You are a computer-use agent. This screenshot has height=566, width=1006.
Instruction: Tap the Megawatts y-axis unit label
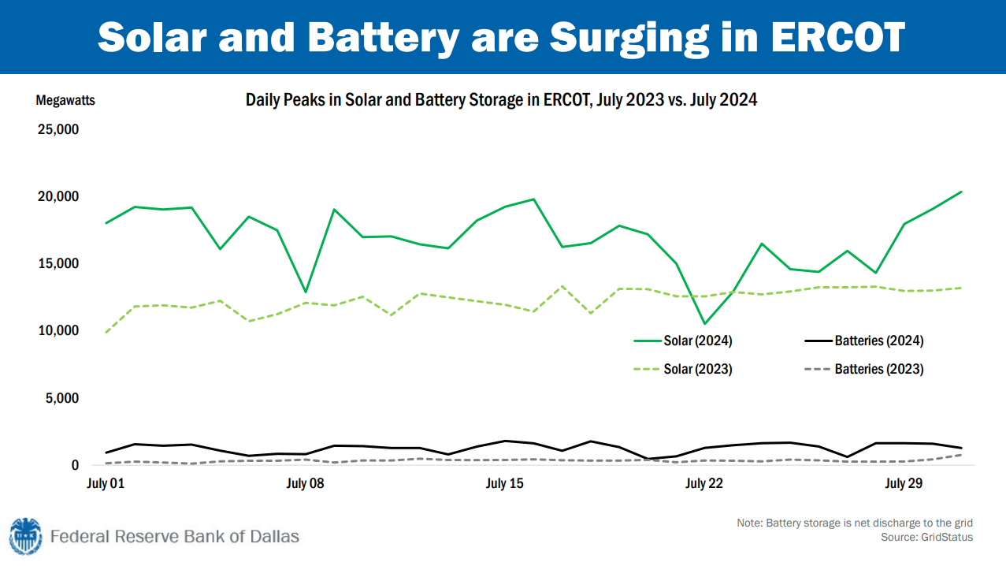pyautogui.click(x=65, y=101)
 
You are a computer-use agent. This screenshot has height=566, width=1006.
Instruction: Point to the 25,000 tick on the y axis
pyautogui.click(x=58, y=128)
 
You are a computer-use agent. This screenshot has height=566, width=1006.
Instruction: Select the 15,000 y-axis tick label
pyautogui.click(x=58, y=263)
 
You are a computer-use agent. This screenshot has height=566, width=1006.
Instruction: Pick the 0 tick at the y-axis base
pyautogui.click(x=75, y=465)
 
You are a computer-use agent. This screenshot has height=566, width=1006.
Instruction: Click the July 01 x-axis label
pyautogui.click(x=106, y=483)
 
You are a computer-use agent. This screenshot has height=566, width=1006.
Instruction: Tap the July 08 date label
pyautogui.click(x=305, y=483)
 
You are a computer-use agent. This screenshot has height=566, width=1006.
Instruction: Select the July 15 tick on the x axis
pyautogui.click(x=505, y=483)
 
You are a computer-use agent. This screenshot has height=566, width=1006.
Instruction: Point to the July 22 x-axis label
pyautogui.click(x=704, y=483)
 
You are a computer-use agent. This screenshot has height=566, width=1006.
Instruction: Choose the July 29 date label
pyautogui.click(x=904, y=483)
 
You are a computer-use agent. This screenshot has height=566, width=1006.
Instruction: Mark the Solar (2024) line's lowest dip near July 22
pyautogui.click(x=704, y=323)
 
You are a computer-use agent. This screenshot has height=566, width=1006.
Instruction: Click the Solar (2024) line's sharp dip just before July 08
pyautogui.click(x=305, y=292)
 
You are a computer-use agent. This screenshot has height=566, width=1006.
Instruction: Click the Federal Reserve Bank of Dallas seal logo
pyautogui.click(x=25, y=536)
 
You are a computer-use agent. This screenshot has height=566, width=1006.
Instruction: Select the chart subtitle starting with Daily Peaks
pyautogui.click(x=501, y=100)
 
